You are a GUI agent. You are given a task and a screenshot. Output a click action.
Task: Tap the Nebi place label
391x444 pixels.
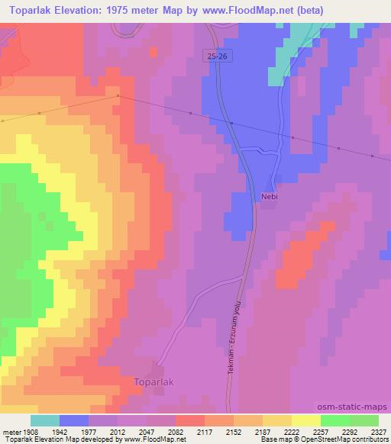269,196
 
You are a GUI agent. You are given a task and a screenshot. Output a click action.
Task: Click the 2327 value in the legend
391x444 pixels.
378,431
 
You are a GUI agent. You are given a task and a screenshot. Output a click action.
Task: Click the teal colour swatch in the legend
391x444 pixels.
44,420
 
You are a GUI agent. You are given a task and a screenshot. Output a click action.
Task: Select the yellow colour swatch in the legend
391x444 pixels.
305,420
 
